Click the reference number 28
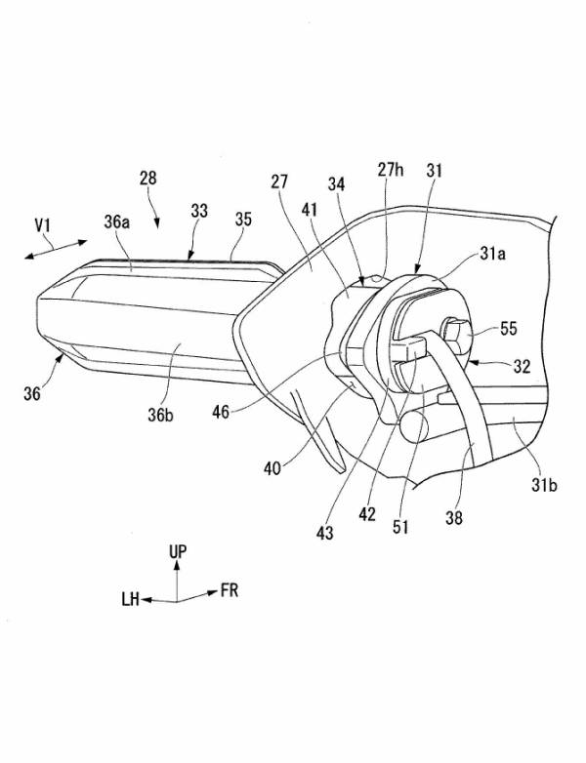tap(147, 180)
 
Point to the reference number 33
tap(199, 210)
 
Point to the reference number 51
tap(401, 528)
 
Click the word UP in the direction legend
tap(178, 552)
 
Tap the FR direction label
tap(230, 590)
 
